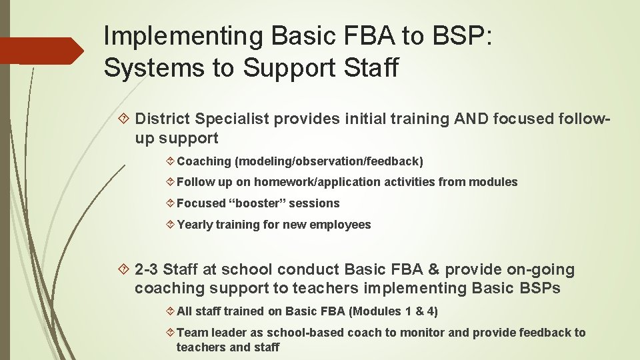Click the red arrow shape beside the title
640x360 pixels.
coord(41,51)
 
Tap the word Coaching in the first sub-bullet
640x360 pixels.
coord(202,161)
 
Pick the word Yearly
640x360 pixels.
coord(194,225)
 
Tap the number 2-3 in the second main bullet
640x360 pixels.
coord(146,269)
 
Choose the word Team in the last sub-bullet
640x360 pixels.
coord(191,333)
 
